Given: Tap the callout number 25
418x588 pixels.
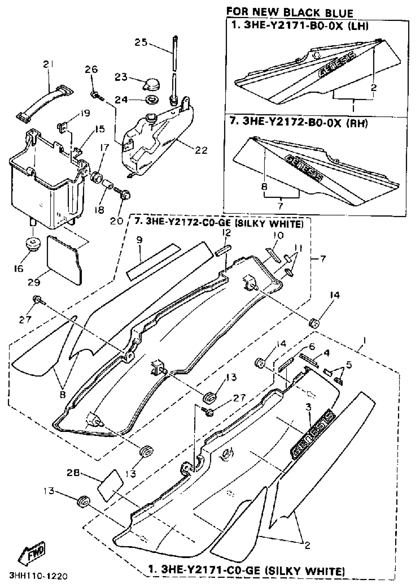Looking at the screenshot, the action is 141,42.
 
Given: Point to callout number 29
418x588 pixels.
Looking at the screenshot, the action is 34,282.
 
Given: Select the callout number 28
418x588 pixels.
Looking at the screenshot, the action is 74,473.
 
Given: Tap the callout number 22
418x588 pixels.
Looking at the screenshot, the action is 201,150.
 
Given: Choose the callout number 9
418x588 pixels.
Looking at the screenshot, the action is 139,240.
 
